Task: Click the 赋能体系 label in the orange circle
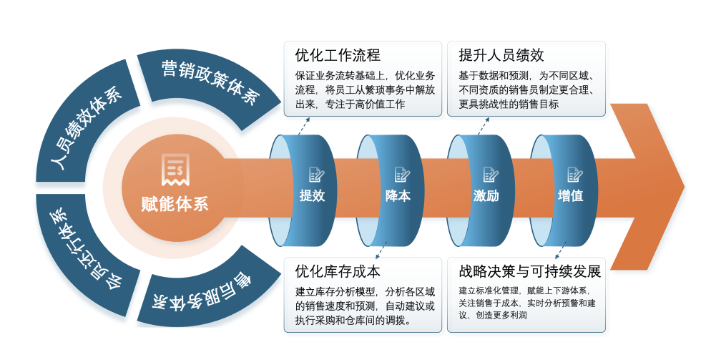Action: click(175, 203)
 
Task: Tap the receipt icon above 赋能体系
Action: click(175, 169)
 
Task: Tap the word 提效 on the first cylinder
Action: click(312, 195)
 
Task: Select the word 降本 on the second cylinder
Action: click(398, 195)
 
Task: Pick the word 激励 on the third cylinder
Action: click(486, 195)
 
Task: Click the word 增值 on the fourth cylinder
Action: click(570, 195)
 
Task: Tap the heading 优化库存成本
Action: click(337, 271)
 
